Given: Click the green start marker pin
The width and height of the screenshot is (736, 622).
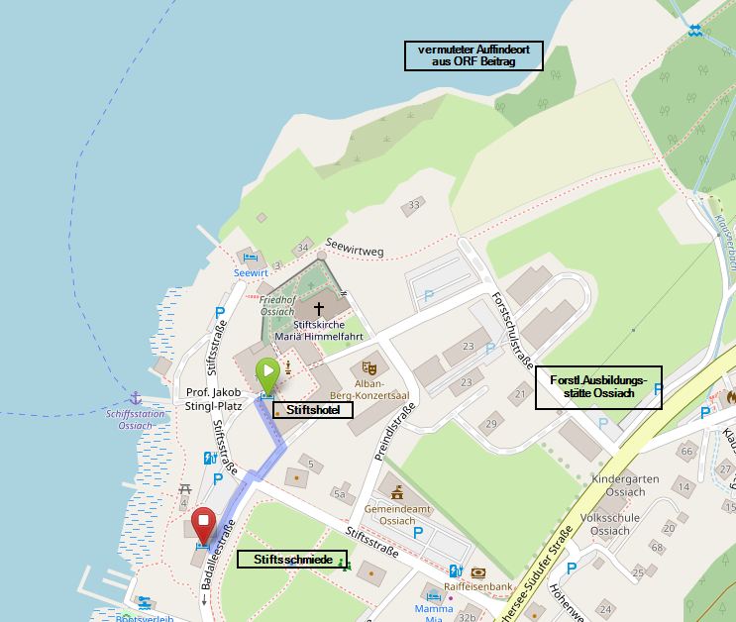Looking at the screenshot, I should [x=267, y=373].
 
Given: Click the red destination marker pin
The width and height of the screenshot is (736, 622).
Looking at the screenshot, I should [x=204, y=522].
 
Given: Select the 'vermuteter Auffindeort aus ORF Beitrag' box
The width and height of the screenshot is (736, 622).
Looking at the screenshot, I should [x=473, y=55].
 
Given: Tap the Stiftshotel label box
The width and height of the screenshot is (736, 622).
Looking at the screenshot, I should [x=312, y=409].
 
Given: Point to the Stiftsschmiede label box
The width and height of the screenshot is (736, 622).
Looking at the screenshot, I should [x=292, y=560].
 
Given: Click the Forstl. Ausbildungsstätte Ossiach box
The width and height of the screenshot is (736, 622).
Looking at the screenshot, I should [x=598, y=387].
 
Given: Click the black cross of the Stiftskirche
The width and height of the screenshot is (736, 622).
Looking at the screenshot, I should [x=318, y=309].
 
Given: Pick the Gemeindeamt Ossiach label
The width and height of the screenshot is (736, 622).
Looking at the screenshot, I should [x=397, y=514].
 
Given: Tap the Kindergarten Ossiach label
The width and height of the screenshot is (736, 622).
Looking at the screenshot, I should [x=625, y=485].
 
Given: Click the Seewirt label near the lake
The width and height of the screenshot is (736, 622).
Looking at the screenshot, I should [x=251, y=272].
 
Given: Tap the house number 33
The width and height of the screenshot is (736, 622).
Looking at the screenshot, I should [x=414, y=204].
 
